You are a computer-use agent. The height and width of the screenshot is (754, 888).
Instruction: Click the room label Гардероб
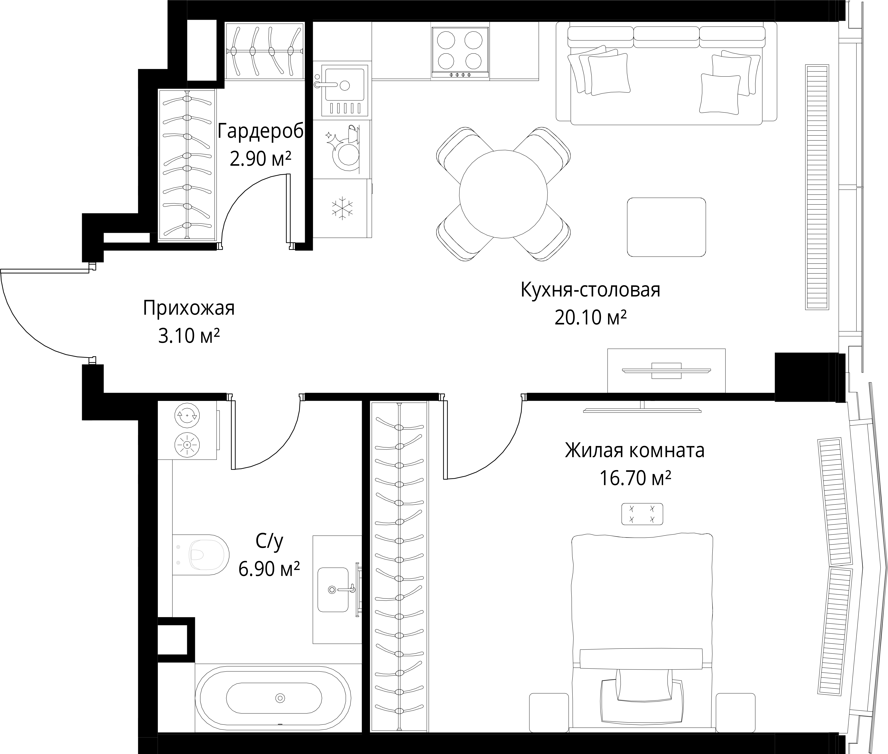click(x=261, y=131)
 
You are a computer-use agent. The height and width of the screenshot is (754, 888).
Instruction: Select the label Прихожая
click(x=189, y=308)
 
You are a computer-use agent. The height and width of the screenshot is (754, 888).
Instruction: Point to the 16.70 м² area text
click(x=635, y=478)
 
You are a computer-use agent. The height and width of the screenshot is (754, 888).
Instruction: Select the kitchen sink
click(x=340, y=91)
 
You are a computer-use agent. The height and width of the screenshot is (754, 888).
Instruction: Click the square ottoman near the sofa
click(x=666, y=227)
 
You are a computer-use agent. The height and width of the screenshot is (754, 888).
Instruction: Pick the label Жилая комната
click(x=635, y=450)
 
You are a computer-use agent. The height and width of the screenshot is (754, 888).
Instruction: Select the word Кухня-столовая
click(x=590, y=290)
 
